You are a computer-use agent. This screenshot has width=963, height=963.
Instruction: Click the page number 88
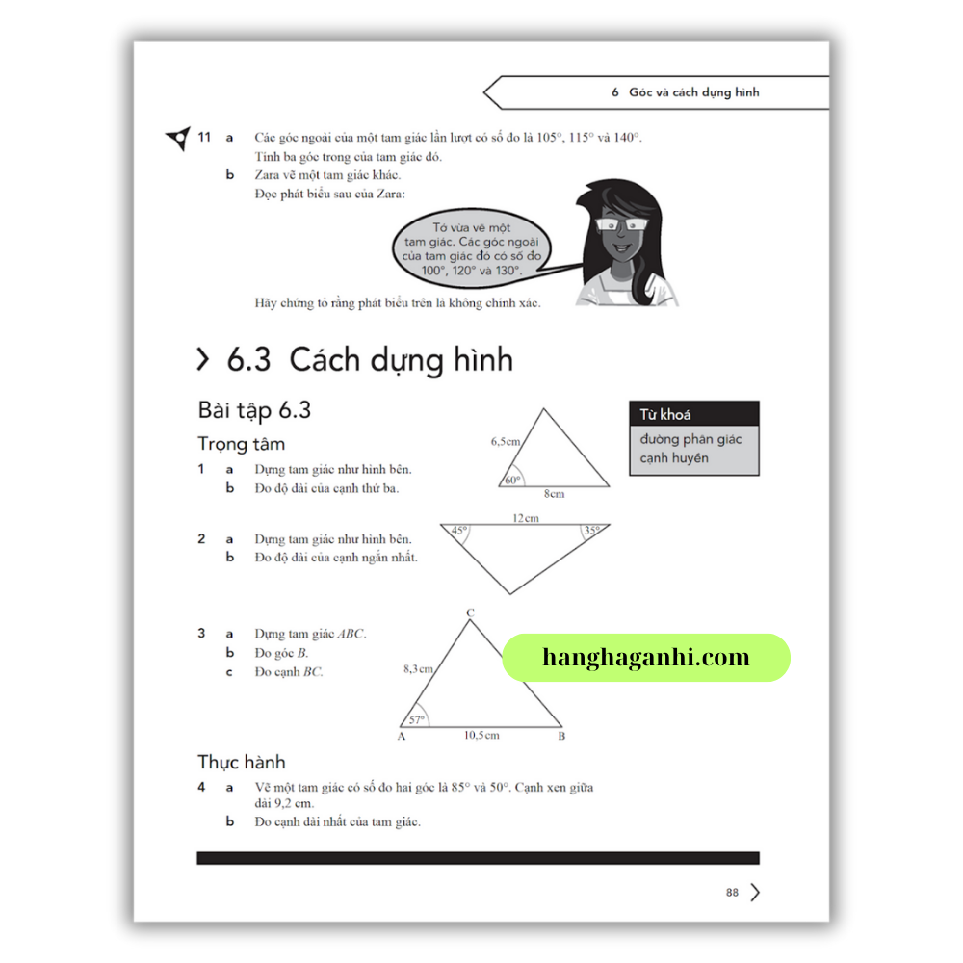[732, 893]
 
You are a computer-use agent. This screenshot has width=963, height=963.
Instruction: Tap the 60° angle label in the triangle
[511, 480]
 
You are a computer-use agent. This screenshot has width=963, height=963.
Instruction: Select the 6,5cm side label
[506, 441]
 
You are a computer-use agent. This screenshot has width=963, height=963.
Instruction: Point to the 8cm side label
[554, 494]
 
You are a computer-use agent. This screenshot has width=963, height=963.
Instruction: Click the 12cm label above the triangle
[525, 518]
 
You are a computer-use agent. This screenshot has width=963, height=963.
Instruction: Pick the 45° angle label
[459, 531]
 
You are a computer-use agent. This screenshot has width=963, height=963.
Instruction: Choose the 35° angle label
[590, 531]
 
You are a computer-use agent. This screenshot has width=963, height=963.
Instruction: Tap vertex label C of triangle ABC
[470, 612]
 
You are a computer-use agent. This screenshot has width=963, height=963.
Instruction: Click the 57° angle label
[417, 719]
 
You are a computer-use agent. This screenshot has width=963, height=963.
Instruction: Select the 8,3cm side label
[418, 667]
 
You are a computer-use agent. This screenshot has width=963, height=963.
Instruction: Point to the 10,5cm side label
[481, 736]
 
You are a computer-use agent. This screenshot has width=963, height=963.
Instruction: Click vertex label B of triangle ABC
[561, 737]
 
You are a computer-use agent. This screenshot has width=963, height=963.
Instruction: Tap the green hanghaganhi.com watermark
[646, 658]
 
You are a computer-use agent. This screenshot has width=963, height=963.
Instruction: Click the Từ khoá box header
[693, 414]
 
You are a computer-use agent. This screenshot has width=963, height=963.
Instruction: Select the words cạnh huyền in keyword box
[674, 458]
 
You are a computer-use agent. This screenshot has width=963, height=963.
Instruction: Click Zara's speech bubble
[472, 248]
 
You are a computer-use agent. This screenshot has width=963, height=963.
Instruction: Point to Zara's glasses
[619, 224]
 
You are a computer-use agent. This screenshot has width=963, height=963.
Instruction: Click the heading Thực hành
[241, 763]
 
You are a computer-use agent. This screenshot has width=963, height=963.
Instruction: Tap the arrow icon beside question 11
[177, 139]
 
